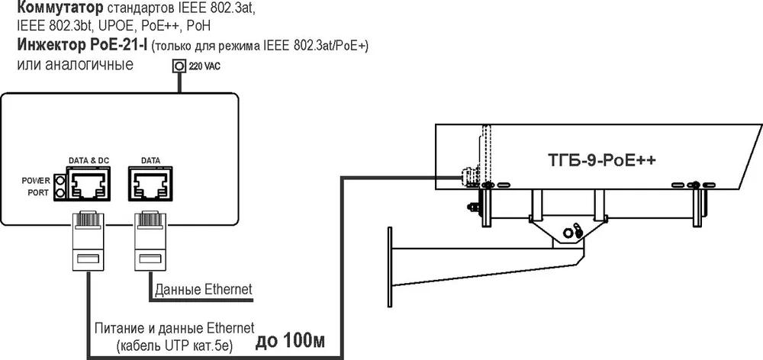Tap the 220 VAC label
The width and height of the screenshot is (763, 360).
204,67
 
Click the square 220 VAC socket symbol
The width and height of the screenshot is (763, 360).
179,66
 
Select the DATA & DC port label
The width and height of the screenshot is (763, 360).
88,160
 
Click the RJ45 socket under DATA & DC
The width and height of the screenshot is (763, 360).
89,183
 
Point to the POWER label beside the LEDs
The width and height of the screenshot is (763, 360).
36,181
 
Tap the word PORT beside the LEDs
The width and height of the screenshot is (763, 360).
38,193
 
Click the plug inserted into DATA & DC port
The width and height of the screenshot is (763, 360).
88,241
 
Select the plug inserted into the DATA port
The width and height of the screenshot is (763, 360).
150,241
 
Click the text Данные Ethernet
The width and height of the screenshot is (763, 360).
204,290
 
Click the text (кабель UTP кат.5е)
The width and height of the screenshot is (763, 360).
175,346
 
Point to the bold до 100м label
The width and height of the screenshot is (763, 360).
291,341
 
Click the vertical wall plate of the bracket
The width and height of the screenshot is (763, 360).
389,267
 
